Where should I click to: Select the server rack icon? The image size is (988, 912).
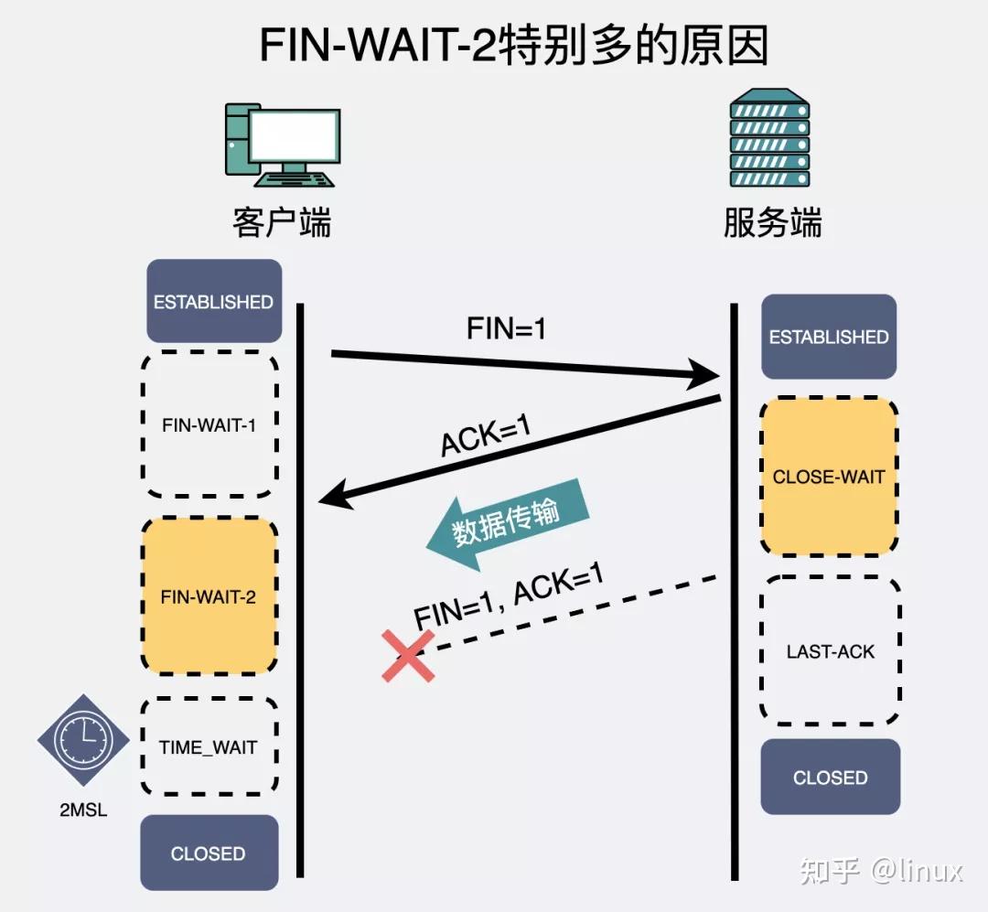[x=769, y=142]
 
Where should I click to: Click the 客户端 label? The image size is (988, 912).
[x=282, y=222]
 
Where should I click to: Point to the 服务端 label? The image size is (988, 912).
[x=772, y=222]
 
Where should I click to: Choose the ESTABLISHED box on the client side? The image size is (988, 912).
[x=213, y=302]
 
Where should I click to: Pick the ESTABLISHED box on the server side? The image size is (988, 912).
[x=829, y=337]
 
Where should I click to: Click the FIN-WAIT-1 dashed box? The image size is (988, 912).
[x=209, y=424]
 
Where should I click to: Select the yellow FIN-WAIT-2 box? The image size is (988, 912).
[x=209, y=596]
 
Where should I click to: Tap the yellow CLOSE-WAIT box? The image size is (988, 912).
[x=829, y=477]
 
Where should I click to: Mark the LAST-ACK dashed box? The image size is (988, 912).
[x=831, y=651]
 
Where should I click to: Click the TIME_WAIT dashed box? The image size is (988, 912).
[x=209, y=747]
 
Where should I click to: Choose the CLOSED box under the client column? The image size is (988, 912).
[x=209, y=853]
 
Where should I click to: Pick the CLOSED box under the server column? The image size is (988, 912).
[x=831, y=778]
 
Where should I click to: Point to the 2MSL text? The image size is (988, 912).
[x=83, y=810]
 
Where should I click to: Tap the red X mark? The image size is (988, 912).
[x=408, y=655]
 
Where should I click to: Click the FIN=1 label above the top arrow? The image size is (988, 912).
[x=506, y=328]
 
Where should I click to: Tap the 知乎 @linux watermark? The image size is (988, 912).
[x=881, y=870]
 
